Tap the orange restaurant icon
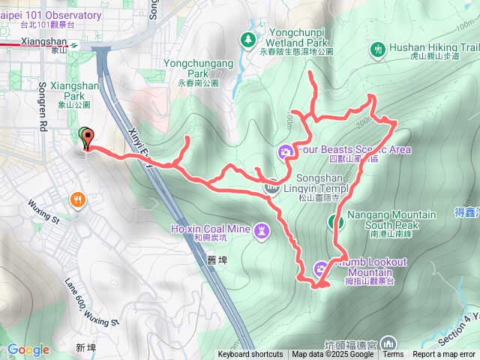click(x=79, y=199)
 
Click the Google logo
click(x=28, y=349)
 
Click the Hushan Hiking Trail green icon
click(x=378, y=49)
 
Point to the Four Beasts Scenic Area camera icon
click(x=285, y=153)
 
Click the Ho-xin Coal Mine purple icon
click(x=261, y=228)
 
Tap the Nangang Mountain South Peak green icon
click(x=335, y=222)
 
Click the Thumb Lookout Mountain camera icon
click(x=321, y=267)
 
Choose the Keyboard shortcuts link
click(x=250, y=355)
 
